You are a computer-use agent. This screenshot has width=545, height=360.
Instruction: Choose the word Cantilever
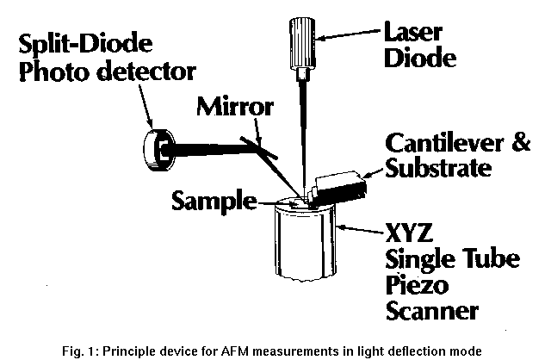tap(440, 142)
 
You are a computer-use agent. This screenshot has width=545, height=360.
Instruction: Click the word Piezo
tap(413, 285)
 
